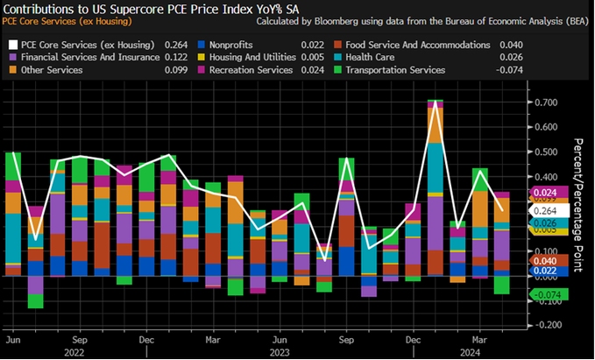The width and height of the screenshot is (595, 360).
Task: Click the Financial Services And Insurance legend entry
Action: click(x=82, y=58)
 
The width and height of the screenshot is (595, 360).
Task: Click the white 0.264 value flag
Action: click(x=543, y=210)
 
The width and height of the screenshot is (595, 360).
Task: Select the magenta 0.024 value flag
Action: click(x=543, y=193)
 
